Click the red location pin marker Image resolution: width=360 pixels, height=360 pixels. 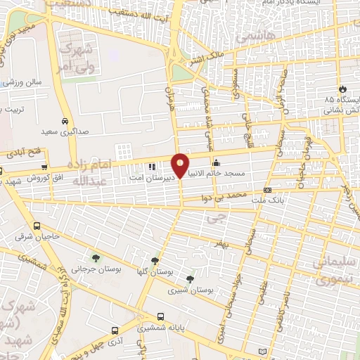(x=180, y=165)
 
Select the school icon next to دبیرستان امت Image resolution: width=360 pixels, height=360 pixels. (x=151, y=167)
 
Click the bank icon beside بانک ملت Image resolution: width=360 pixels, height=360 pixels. (x=267, y=190)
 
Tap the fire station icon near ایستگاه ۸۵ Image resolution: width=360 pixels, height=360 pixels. (x=343, y=89)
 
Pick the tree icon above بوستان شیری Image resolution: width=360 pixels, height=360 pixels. (x=190, y=279)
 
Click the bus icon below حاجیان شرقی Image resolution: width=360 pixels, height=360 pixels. (x=37, y=226)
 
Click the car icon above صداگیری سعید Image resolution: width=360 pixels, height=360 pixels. (x=65, y=121)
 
